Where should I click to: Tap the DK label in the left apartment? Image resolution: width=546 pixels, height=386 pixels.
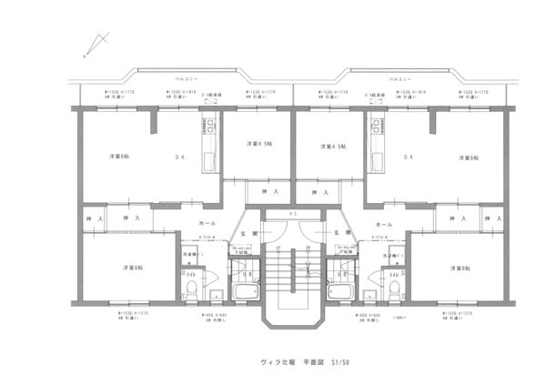[x=179, y=157]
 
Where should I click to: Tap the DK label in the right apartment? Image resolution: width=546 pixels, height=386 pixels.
[x=407, y=157]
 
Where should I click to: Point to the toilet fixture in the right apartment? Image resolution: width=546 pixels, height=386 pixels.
[x=394, y=290]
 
